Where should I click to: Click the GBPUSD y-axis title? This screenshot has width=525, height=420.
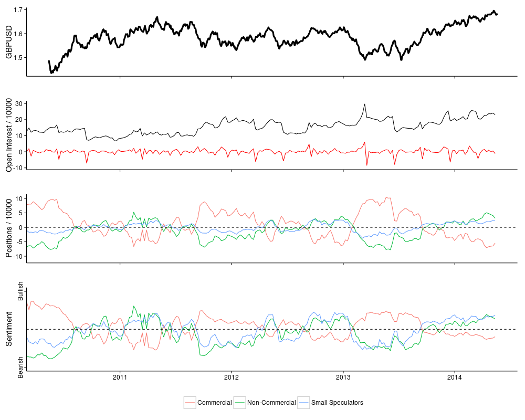tap(8, 41)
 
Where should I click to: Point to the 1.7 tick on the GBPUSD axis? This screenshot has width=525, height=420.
tap(18, 10)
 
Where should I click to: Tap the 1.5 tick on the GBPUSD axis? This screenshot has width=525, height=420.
tap(18, 57)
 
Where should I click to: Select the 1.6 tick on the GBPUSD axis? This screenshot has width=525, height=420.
tap(18, 34)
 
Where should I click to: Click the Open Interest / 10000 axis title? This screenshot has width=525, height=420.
tap(8, 134)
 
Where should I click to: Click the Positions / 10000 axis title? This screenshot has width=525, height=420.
tap(8, 227)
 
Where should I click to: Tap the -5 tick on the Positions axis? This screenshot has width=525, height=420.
tap(20, 241)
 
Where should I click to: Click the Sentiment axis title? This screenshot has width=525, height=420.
tap(8, 329)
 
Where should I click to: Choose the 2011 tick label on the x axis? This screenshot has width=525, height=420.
tap(120, 377)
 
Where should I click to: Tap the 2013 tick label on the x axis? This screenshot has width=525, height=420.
tap(343, 377)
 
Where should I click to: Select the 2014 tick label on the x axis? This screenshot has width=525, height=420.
tap(455, 377)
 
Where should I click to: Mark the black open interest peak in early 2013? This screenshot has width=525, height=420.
tap(364, 104)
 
